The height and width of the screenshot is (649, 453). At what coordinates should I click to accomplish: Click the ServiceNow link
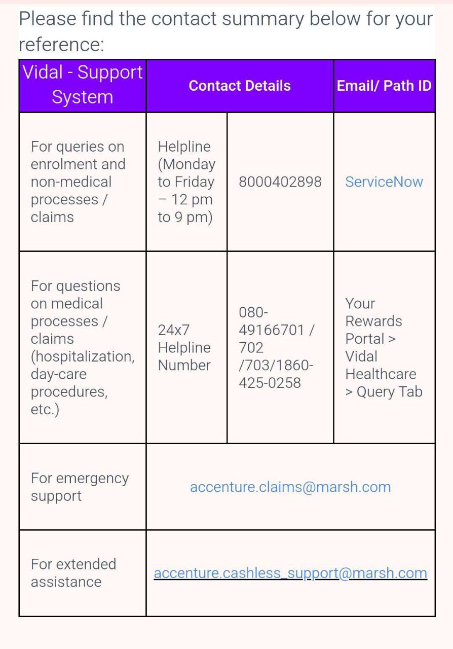click(x=384, y=182)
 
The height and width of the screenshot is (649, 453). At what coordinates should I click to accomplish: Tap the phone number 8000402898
click(x=280, y=182)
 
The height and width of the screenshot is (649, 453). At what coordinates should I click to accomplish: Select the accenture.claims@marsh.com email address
click(x=290, y=487)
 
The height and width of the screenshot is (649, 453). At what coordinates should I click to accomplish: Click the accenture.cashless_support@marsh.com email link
click(x=290, y=573)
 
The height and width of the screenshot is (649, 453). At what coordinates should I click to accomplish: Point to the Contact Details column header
click(x=240, y=86)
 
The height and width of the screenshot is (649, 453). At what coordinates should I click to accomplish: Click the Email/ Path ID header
click(x=384, y=86)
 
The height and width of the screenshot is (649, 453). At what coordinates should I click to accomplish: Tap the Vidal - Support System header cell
click(x=83, y=85)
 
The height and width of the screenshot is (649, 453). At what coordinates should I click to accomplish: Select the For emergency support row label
click(x=80, y=487)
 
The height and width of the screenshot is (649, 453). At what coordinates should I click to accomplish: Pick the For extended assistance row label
click(x=73, y=573)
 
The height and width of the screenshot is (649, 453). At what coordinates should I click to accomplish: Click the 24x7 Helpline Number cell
click(x=184, y=348)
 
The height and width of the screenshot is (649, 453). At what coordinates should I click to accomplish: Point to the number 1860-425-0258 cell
click(x=276, y=374)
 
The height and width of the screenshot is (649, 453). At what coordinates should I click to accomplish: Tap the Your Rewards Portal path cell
click(x=383, y=348)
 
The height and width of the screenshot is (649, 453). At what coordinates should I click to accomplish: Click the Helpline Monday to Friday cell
click(x=186, y=182)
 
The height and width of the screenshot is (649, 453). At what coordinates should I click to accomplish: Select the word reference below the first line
click(x=61, y=45)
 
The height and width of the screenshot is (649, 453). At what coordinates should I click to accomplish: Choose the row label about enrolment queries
click(x=78, y=182)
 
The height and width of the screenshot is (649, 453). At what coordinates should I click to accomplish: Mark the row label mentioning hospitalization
click(x=82, y=348)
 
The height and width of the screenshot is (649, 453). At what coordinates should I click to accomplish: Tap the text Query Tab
click(x=389, y=392)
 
